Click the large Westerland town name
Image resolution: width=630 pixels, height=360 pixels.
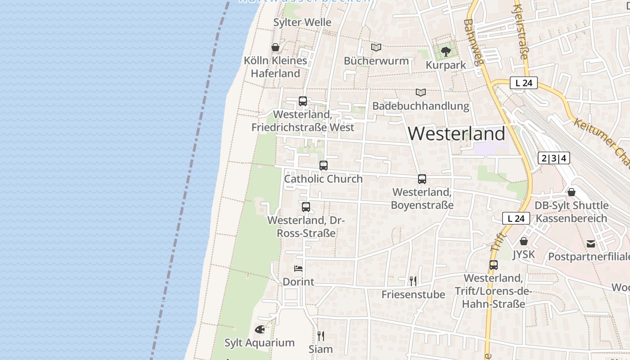click(x=456, y=134)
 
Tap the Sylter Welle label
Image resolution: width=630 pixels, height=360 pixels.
click(x=302, y=22)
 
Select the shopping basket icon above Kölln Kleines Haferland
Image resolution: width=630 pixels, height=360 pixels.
click(x=275, y=47)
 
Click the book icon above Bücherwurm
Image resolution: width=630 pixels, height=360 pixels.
click(x=376, y=47)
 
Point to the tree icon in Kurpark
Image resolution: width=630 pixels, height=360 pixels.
click(x=446, y=52)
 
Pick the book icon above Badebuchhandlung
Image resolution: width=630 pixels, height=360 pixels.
click(x=421, y=92)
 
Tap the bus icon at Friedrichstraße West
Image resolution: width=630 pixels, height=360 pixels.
click(x=303, y=101)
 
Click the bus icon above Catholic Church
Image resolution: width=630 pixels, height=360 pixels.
click(x=324, y=165)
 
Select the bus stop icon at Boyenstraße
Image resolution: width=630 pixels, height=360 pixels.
click(x=422, y=179)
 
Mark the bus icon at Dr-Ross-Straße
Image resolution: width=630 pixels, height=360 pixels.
click(x=306, y=207)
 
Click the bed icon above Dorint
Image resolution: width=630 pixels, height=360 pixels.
click(x=298, y=269)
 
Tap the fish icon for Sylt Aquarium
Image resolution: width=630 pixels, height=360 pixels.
click(x=260, y=329)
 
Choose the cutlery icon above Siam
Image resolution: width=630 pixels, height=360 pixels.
click(x=321, y=336)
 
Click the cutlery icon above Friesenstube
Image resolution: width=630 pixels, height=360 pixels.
click(x=413, y=281)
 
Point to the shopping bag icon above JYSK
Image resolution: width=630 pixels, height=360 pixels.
click(x=524, y=241)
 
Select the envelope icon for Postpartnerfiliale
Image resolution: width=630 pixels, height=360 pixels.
click(x=591, y=244)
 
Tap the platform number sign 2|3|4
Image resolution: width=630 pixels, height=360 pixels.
click(x=554, y=158)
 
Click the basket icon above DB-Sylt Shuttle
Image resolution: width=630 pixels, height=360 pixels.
click(x=571, y=192)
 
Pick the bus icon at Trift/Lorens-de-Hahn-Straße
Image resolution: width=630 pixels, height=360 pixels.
click(x=494, y=265)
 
